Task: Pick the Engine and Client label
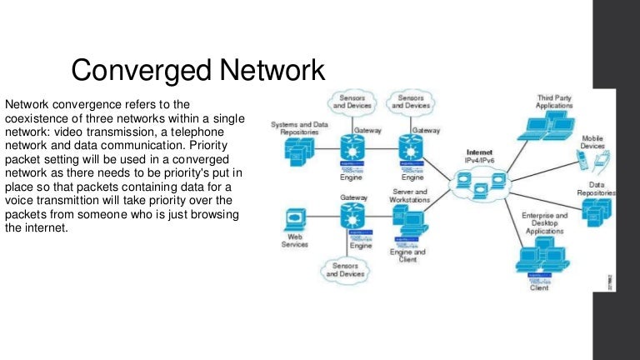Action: tap(408, 255)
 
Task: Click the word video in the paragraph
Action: tap(138, 132)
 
